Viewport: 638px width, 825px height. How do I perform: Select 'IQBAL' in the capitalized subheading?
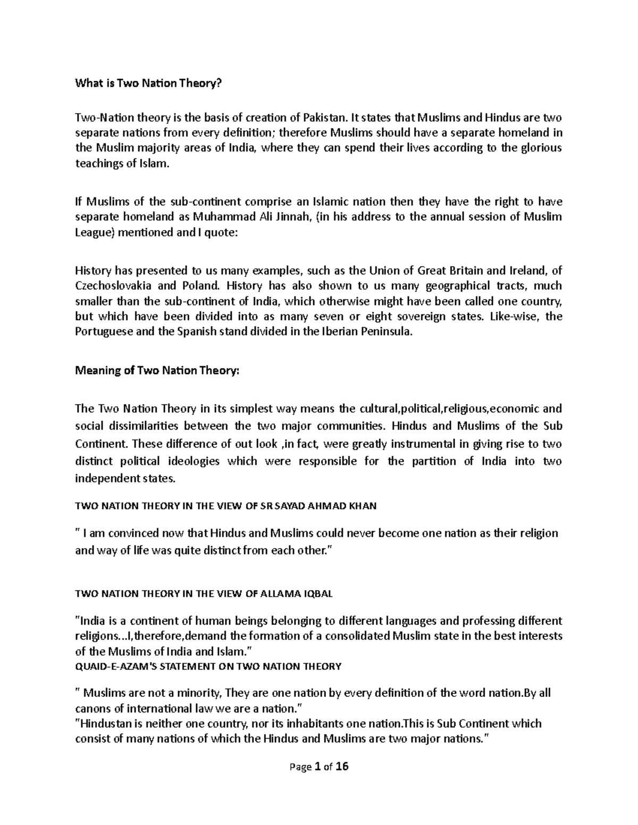pyautogui.click(x=319, y=594)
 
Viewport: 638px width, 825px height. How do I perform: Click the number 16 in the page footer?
pyautogui.click(x=342, y=767)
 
